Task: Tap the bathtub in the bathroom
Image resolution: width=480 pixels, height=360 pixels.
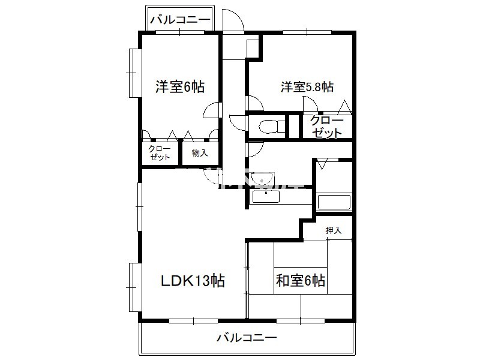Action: (334, 202)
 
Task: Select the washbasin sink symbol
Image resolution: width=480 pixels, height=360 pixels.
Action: (262, 178)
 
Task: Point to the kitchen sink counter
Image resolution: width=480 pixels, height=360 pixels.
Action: (266, 196)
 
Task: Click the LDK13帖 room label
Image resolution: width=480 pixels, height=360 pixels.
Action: (193, 280)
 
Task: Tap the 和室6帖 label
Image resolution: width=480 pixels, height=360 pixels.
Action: (301, 280)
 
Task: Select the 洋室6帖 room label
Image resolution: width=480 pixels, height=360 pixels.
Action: (180, 86)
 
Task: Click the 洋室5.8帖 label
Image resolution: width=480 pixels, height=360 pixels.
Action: (307, 87)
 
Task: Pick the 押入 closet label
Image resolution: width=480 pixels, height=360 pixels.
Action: (334, 230)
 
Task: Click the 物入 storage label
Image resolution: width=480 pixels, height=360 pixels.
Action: (200, 153)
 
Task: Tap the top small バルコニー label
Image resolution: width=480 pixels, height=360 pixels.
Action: (181, 20)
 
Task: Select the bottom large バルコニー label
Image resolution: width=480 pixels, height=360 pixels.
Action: (247, 338)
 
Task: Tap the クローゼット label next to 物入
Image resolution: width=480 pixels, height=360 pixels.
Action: (160, 153)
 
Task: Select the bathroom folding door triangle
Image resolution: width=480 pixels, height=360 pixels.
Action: (322, 164)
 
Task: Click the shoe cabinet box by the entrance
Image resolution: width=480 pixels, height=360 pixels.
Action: (253, 49)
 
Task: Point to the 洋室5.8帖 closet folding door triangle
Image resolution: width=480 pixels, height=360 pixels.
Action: (344, 107)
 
